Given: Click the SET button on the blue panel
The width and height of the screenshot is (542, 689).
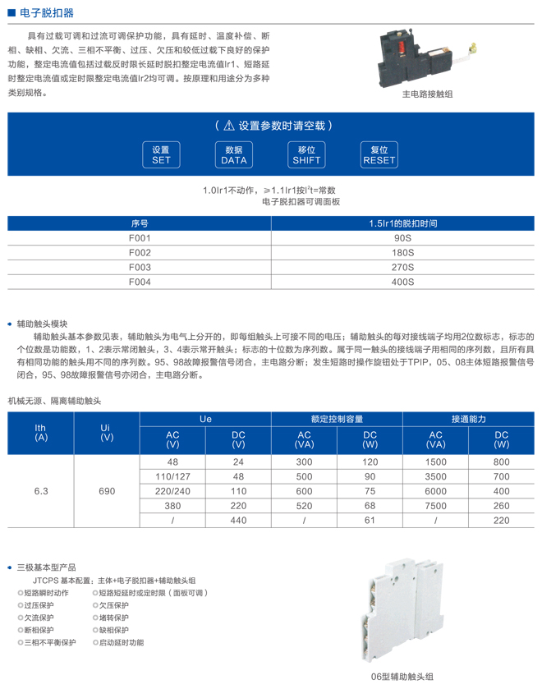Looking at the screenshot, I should (x=161, y=155).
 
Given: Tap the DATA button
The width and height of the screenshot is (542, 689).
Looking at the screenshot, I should (x=234, y=155).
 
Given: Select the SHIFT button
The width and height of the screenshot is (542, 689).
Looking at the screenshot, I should (x=306, y=155).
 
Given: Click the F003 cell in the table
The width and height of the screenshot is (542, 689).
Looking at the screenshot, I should (x=140, y=268).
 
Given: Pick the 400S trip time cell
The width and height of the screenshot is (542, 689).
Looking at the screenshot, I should (x=402, y=282).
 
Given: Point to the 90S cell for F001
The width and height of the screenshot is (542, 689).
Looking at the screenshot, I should (x=402, y=238).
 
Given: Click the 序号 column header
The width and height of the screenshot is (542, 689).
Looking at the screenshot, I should (x=140, y=223).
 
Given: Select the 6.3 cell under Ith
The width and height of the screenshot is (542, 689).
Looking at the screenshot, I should (x=41, y=491).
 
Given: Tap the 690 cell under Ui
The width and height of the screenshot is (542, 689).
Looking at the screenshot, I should (x=107, y=491).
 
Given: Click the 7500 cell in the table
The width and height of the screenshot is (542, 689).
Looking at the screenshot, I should (x=435, y=506).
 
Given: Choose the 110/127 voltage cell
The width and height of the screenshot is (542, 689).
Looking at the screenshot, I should (x=172, y=476).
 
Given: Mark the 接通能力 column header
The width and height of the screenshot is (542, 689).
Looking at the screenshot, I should (x=468, y=419).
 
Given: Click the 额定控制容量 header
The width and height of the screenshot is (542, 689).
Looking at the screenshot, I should (x=337, y=419).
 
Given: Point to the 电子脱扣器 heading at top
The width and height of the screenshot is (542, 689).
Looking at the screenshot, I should (x=46, y=13).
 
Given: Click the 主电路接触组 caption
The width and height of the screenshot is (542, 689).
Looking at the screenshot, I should (x=427, y=94).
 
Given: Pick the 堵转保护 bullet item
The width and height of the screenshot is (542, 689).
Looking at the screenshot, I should (x=115, y=618).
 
